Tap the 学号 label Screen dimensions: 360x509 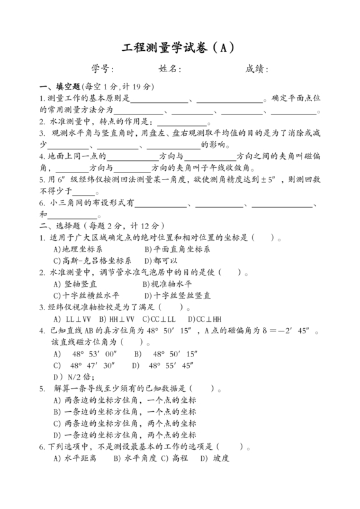103,69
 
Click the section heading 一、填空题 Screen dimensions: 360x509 60,86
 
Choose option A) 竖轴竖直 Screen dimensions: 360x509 76,284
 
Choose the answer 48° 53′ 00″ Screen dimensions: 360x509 94,354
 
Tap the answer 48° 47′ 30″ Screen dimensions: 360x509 94,365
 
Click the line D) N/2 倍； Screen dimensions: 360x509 75,376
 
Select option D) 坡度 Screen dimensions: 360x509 214,458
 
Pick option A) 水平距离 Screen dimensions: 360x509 75,458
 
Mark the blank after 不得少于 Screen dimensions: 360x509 84,191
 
